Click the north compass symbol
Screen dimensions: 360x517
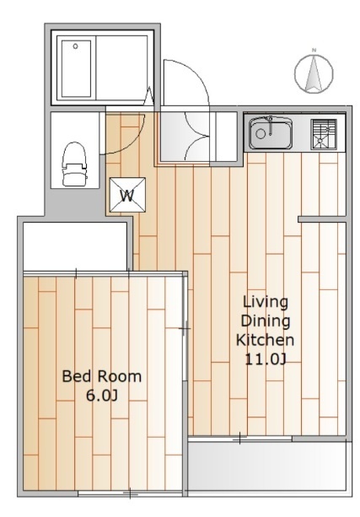[314, 73]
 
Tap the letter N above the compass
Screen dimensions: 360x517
[314, 50]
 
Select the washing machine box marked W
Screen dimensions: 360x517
[127, 195]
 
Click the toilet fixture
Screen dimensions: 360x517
[75, 164]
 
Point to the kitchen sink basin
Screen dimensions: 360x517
[271, 133]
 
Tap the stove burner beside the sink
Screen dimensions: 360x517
[324, 134]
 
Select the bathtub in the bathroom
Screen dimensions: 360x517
[76, 68]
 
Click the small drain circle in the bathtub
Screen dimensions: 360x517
[76, 46]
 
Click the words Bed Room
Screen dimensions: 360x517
[102, 376]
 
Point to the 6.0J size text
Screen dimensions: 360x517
[102, 396]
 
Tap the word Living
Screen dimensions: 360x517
[266, 303]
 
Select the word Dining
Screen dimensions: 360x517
[266, 321]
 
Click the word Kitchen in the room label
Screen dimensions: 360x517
[265, 340]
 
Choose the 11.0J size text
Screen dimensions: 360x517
[266, 359]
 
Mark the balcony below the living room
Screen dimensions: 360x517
[267, 467]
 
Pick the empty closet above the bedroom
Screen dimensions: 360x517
[75, 246]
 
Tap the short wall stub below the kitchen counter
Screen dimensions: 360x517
[322, 219]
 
